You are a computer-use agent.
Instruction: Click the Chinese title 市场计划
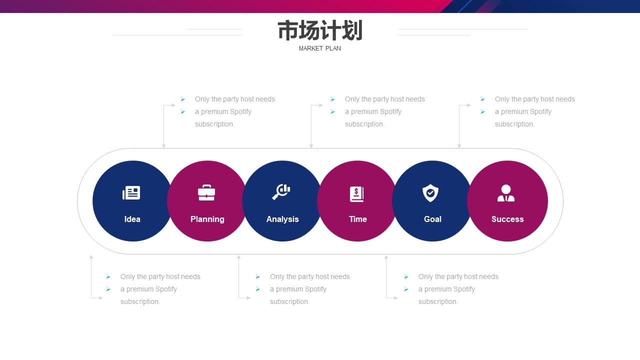click(x=320, y=30)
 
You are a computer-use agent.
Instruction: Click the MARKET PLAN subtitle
click(x=319, y=48)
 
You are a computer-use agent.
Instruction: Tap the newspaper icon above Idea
click(x=131, y=193)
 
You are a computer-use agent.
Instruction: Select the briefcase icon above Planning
click(x=206, y=193)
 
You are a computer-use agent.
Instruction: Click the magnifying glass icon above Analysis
click(x=281, y=191)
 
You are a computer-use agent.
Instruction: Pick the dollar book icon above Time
click(x=357, y=194)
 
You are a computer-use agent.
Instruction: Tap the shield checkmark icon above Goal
click(x=430, y=193)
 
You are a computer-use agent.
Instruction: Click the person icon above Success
click(x=506, y=193)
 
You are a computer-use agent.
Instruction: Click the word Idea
click(x=132, y=219)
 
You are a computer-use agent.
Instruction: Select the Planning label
click(x=207, y=219)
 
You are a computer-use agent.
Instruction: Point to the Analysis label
click(x=282, y=219)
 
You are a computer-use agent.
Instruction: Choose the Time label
click(x=357, y=219)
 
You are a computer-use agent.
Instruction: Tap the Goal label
click(x=432, y=219)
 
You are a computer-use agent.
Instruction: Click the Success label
click(x=507, y=219)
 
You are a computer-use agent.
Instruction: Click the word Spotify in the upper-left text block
click(x=240, y=112)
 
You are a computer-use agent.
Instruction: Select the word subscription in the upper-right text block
click(x=513, y=124)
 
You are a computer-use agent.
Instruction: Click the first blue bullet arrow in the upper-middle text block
click(x=333, y=99)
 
